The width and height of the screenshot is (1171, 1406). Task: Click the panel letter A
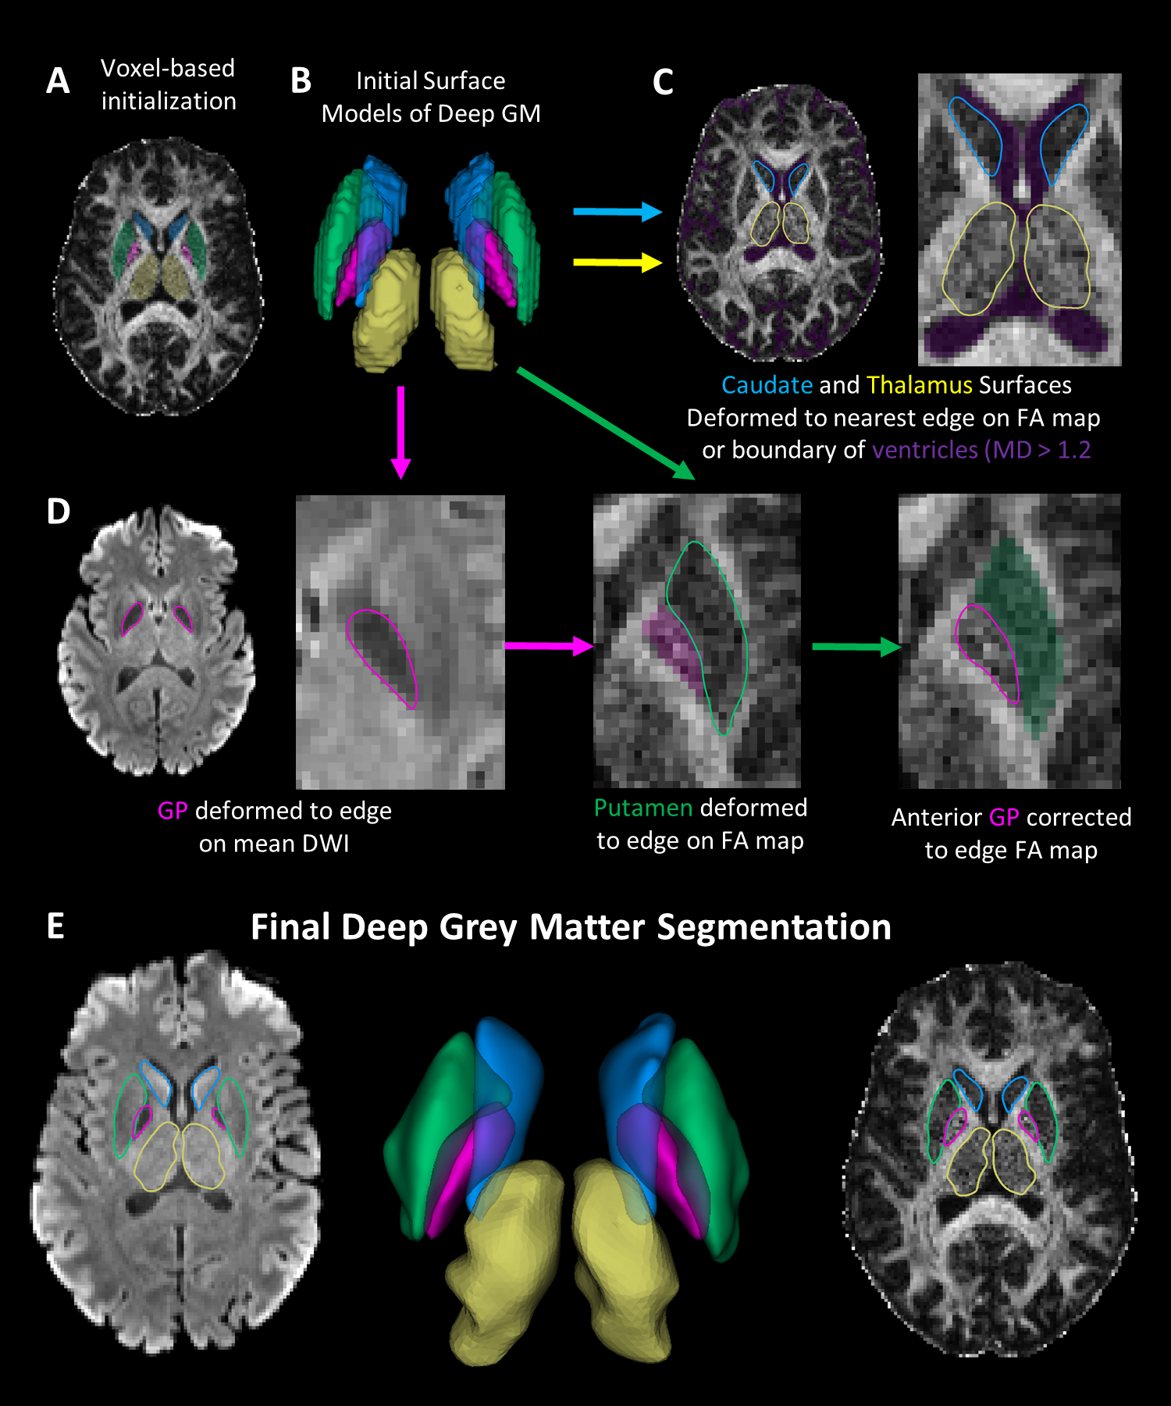pyautogui.click(x=58, y=81)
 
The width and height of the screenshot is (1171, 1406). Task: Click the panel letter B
pyautogui.click(x=301, y=81)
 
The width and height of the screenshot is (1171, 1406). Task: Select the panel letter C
pyautogui.click(x=663, y=83)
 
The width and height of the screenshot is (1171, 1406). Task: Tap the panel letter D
pyautogui.click(x=59, y=512)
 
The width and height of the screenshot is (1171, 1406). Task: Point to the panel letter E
pyautogui.click(x=55, y=926)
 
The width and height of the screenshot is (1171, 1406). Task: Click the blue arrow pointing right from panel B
pyautogui.click(x=617, y=211)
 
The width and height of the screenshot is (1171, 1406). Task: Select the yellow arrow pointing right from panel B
pyautogui.click(x=617, y=262)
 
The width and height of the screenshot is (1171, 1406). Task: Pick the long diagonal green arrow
pyautogui.click(x=605, y=423)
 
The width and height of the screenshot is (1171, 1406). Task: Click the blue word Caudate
pyautogui.click(x=767, y=385)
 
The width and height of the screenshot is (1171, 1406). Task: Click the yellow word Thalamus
pyautogui.click(x=919, y=385)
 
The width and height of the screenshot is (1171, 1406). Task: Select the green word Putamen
pyautogui.click(x=642, y=808)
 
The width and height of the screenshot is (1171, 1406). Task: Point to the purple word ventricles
pyautogui.click(x=924, y=450)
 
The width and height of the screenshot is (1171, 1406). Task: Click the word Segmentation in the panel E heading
pyautogui.click(x=774, y=927)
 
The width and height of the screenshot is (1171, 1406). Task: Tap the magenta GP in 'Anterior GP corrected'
pyautogui.click(x=1003, y=817)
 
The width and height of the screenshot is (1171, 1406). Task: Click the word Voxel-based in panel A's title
pyautogui.click(x=168, y=69)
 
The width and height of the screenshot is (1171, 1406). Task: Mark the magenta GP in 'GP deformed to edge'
pyautogui.click(x=173, y=811)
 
